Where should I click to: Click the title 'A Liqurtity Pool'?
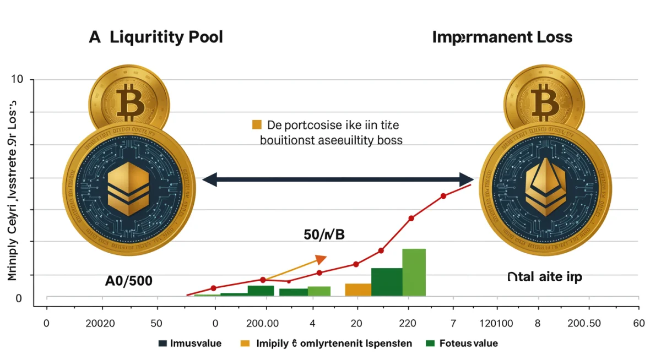(156, 37)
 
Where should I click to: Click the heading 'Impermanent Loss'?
(502, 37)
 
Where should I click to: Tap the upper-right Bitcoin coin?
(543, 99)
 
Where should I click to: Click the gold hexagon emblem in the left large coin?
(128, 187)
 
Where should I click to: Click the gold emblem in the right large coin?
(545, 188)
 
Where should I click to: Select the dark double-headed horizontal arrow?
(338, 179)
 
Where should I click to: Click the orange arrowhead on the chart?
(321, 259)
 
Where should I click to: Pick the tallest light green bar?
(414, 272)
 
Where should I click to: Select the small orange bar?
(358, 290)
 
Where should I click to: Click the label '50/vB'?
(324, 234)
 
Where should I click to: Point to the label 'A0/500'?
(128, 280)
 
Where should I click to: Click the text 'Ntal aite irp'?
(545, 277)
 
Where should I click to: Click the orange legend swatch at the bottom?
(246, 343)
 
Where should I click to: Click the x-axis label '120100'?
(496, 323)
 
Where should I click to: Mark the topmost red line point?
(443, 195)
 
